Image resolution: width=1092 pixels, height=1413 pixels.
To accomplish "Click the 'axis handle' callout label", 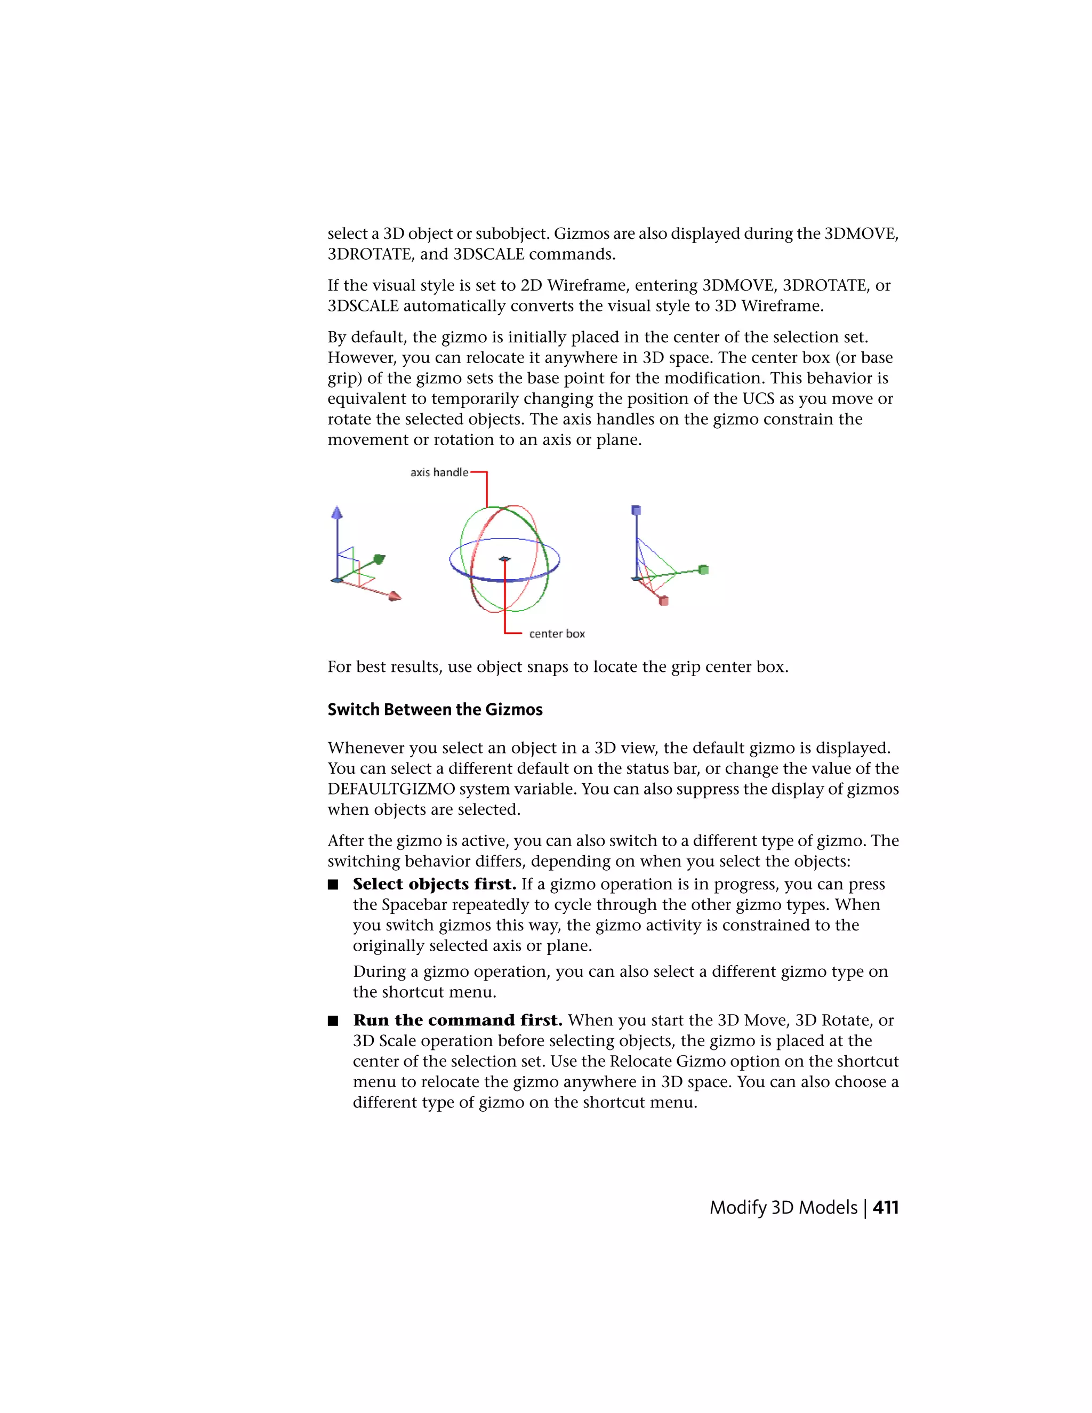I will (x=439, y=472).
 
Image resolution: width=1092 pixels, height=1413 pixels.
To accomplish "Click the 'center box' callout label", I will (x=556, y=634).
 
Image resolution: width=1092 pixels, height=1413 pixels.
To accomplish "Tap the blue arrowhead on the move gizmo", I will (x=336, y=513).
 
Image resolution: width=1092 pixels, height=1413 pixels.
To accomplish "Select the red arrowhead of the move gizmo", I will (x=394, y=596).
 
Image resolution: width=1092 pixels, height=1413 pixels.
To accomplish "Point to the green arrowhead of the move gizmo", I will (x=379, y=558).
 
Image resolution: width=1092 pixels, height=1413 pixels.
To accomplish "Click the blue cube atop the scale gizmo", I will (x=636, y=510).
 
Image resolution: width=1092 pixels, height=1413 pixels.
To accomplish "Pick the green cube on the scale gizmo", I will (x=704, y=569).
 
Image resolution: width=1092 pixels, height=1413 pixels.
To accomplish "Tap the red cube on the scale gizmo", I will (x=663, y=601).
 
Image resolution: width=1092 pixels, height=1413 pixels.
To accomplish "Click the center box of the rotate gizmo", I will (x=504, y=559).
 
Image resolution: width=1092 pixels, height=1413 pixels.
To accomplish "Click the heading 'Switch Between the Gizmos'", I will (x=435, y=710).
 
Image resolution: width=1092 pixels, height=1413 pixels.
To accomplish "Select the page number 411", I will (x=886, y=1207).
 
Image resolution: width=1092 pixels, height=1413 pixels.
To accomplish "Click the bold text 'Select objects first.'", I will (x=434, y=885).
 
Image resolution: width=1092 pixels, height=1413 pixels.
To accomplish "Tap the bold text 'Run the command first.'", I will (x=457, y=1020).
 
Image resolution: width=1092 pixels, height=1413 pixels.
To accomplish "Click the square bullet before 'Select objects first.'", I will (x=333, y=885).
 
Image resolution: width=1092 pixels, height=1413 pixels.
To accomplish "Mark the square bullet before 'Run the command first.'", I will (x=333, y=1021).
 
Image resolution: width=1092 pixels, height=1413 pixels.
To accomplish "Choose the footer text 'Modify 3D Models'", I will (x=783, y=1207).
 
